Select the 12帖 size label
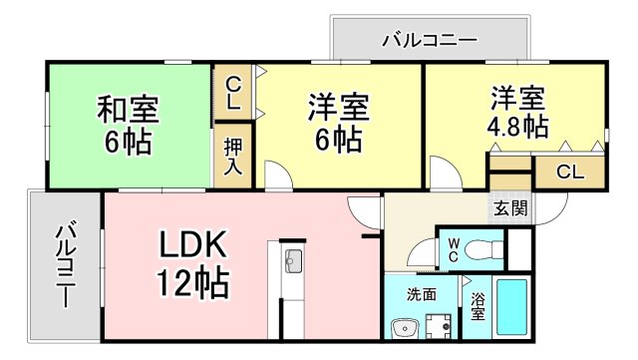[191, 282]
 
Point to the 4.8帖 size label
[516, 127]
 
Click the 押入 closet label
[232, 155]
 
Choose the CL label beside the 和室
[232, 92]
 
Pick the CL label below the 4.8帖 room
[569, 172]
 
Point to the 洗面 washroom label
[421, 294]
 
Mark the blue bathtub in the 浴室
[514, 308]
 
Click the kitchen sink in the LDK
[294, 262]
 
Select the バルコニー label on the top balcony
[430, 40]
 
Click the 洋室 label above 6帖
[338, 105]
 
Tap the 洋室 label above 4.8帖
[516, 99]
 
